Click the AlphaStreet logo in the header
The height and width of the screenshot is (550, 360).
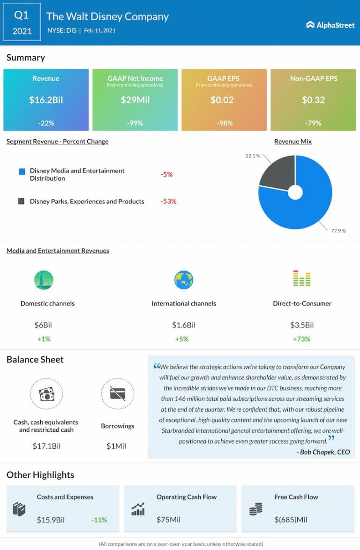pyautogui.click(x=330, y=25)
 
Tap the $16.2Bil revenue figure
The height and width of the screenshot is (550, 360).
pyautogui.click(x=46, y=100)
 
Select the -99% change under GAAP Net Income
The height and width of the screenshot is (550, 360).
pyautogui.click(x=135, y=123)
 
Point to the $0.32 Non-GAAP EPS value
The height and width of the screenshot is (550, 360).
pyautogui.click(x=314, y=100)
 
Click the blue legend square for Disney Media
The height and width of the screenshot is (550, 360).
pyautogui.click(x=22, y=172)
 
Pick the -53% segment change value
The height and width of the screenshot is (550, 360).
pyautogui.click(x=168, y=202)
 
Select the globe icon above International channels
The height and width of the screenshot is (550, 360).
pyautogui.click(x=184, y=280)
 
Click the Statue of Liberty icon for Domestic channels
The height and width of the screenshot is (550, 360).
pyautogui.click(x=44, y=280)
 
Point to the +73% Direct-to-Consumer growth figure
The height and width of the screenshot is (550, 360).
pyautogui.click(x=302, y=339)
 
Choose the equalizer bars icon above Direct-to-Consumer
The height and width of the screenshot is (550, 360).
pyautogui.click(x=302, y=279)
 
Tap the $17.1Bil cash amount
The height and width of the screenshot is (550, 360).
pyautogui.click(x=46, y=446)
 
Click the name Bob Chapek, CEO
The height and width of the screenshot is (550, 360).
pyautogui.click(x=323, y=452)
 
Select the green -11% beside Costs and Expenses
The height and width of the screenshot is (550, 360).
pyautogui.click(x=99, y=520)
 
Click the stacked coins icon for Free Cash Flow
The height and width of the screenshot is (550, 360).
pyautogui.click(x=256, y=509)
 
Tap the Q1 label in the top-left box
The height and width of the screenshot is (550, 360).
pyautogui.click(x=22, y=15)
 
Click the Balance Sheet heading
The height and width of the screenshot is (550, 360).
pyautogui.click(x=35, y=360)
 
